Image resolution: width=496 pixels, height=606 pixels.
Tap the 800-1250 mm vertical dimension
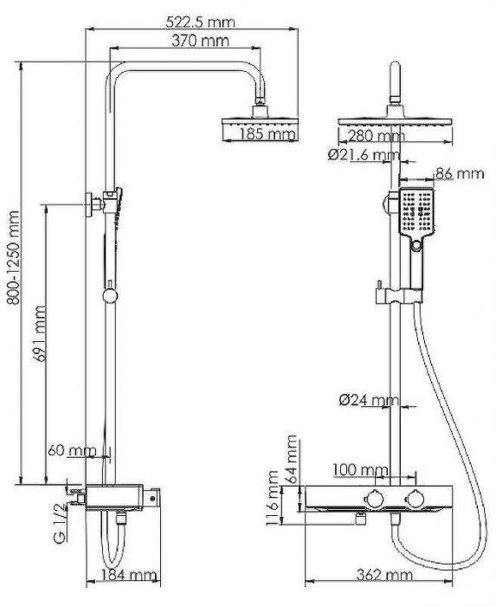pos(11,270)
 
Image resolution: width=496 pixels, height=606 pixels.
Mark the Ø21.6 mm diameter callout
pos(364,155)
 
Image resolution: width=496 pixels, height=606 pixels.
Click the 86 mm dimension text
pos(459,173)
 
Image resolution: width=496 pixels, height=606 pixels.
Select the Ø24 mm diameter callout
pos(370,400)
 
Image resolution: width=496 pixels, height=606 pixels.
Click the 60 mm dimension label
pos(72,450)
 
